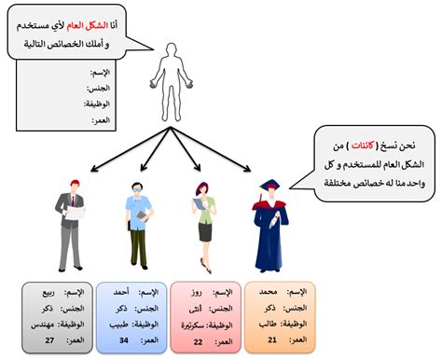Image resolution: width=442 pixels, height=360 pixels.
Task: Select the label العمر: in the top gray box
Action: pyautogui.click(x=101, y=122)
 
